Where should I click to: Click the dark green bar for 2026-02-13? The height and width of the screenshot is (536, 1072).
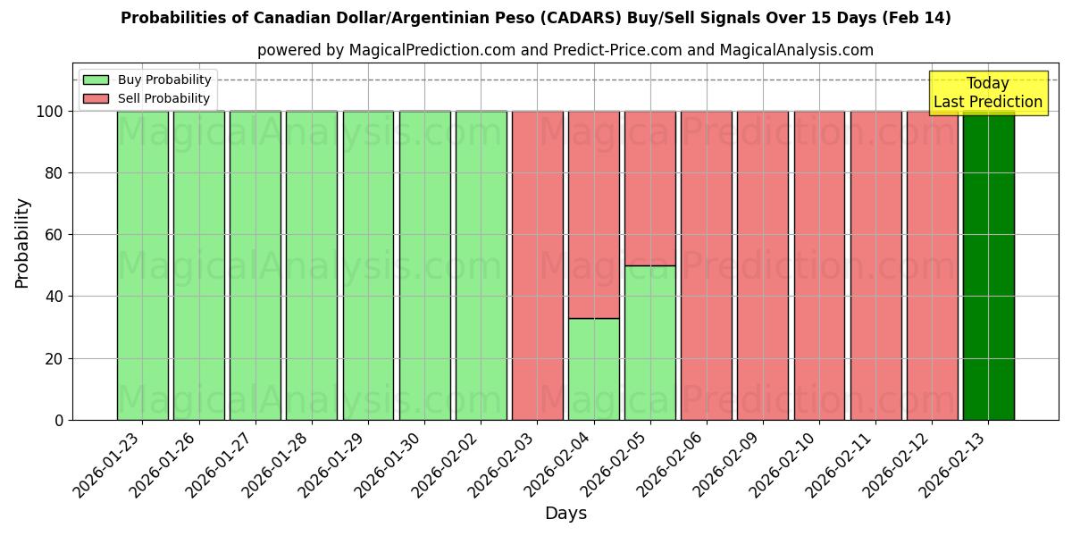point(988,268)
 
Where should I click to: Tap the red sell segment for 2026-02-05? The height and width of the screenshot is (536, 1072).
point(649,188)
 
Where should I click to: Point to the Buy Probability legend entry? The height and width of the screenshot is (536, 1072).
point(164,80)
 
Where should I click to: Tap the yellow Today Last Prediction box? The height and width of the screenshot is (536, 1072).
point(987,93)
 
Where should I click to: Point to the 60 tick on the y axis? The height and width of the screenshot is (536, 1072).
point(55,235)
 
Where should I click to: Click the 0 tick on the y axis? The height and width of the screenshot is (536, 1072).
point(60,420)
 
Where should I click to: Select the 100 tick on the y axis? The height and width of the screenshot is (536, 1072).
point(51,112)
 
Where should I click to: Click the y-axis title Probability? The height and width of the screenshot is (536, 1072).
point(22,243)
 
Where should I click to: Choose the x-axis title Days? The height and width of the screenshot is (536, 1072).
point(565,513)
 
